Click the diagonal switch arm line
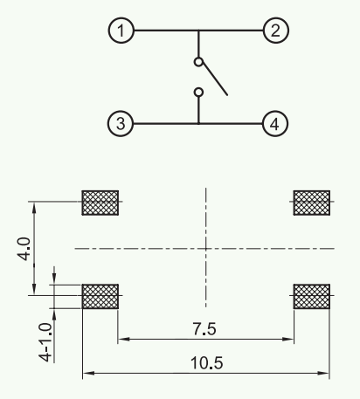tap(215, 78)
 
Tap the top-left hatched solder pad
tap(100, 203)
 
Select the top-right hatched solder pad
tap(312, 203)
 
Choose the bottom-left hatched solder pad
tap(100, 296)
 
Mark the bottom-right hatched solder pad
tap(312, 296)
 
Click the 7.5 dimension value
tap(204, 329)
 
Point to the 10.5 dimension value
tap(207, 363)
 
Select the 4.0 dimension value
tap(24, 249)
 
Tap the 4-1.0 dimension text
tap(45, 342)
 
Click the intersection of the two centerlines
tap(206, 249)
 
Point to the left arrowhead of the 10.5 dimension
tap(88, 373)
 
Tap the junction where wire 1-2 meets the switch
tap(198, 31)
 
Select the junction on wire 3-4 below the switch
tap(198, 124)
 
